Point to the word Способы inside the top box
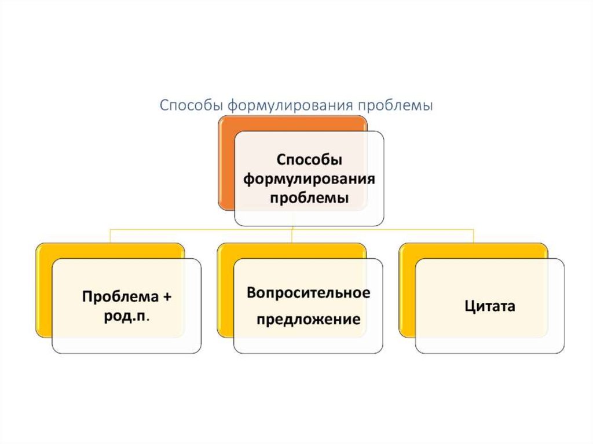[309, 160]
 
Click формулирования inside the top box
[309, 179]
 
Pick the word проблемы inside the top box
[309, 198]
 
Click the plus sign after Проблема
[167, 297]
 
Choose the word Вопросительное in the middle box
[308, 293]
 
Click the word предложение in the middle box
[309, 320]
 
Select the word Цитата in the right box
[489, 306]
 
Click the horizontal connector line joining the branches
[203, 230]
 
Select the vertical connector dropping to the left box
[111, 236]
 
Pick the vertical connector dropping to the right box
[474, 236]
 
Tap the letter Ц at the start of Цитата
[468, 306]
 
